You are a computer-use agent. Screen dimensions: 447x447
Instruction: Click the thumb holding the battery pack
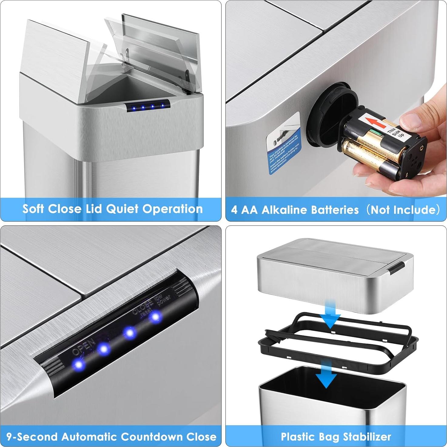[417, 119]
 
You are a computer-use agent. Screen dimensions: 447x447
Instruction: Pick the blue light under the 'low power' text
[156, 317]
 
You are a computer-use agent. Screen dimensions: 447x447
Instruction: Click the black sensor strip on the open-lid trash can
[148, 106]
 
